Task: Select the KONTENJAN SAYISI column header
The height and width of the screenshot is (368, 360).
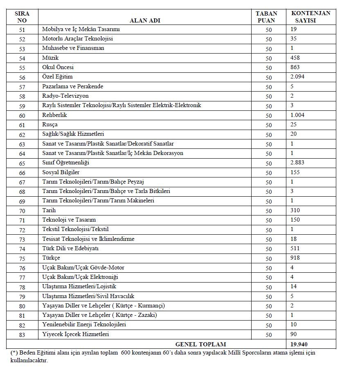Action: [310, 17]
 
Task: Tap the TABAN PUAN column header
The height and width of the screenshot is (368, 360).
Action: [268, 17]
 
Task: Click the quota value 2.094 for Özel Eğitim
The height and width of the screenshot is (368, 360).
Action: [297, 77]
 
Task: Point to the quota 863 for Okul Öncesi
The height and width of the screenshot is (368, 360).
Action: [295, 67]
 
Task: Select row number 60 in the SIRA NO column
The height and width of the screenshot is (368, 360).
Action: [22, 116]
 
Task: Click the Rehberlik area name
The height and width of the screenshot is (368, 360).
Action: [54, 115]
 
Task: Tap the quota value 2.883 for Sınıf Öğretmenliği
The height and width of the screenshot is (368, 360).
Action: [297, 163]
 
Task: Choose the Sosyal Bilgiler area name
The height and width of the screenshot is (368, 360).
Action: [61, 172]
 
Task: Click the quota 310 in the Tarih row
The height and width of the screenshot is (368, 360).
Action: [295, 210]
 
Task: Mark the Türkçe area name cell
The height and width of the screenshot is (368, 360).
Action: [51, 258]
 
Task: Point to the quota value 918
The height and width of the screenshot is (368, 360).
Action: [295, 258]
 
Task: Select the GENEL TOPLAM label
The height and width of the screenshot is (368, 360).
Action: [200, 344]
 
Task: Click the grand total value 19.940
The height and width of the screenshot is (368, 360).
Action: [299, 344]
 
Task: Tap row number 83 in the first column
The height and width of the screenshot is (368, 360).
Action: [22, 335]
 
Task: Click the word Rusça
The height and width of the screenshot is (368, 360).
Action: [50, 124]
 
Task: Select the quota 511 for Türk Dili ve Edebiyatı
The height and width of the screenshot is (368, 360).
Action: [295, 248]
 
